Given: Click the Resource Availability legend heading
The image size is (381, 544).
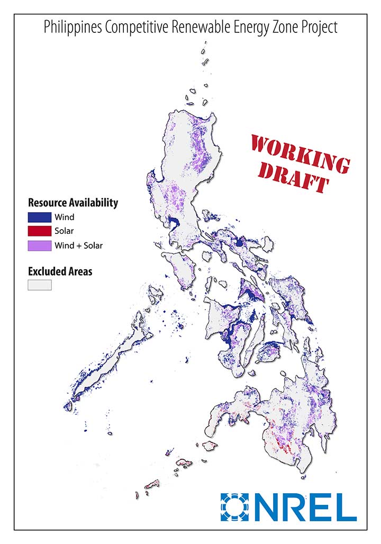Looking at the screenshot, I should click(x=73, y=202).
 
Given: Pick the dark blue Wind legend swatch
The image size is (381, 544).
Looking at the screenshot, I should click(x=39, y=217).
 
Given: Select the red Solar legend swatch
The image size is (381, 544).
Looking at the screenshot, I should click(x=39, y=231).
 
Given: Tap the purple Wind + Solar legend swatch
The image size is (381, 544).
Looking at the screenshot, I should click(x=39, y=246).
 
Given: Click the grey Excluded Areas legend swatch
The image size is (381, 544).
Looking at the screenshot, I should click(x=39, y=285).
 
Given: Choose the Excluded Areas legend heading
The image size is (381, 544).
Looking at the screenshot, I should click(x=60, y=271).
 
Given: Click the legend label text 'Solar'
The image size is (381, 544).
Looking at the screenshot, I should click(x=63, y=231).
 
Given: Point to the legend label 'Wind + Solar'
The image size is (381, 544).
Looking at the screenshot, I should click(x=78, y=246).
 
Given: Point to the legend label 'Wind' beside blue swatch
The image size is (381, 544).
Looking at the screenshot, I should click(x=64, y=217).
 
